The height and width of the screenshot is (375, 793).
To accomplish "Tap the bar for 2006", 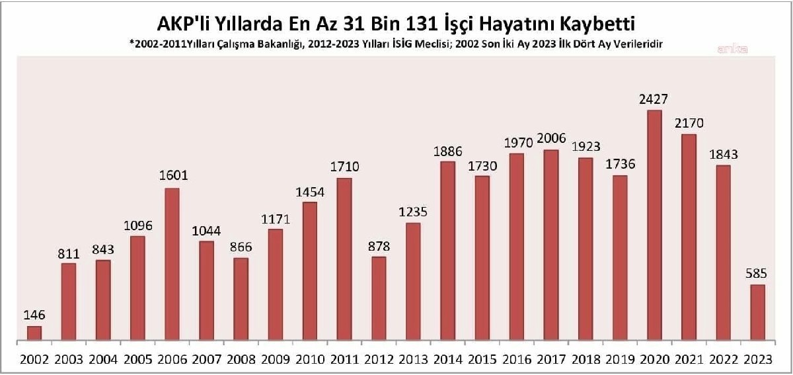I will tap(172, 265).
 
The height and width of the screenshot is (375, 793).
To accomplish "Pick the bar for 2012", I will tap(379, 299).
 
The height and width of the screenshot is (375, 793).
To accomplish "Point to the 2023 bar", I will tap(757, 313).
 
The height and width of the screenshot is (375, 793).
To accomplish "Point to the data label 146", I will tap(34, 315).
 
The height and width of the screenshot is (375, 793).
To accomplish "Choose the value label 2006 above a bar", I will tap(550, 139).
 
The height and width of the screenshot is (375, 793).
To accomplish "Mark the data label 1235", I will tap(413, 212).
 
